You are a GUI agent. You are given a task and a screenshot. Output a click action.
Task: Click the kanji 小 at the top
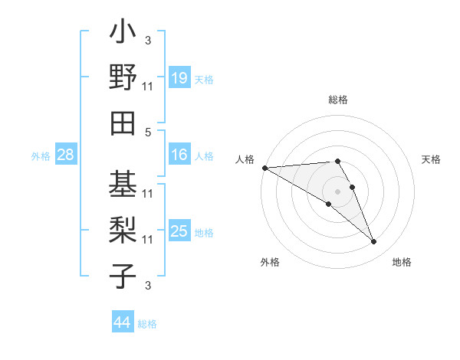tap(123, 35)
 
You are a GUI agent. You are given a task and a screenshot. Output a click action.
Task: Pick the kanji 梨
tap(123, 230)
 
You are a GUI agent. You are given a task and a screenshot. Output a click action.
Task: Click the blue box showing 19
tap(179, 78)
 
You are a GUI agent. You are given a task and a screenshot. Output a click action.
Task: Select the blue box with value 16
tap(179, 155)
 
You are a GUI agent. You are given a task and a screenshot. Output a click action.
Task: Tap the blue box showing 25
tap(179, 231)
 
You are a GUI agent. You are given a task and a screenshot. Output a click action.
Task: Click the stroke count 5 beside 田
tap(148, 132)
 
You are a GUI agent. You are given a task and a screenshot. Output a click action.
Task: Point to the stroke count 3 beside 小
tap(148, 40)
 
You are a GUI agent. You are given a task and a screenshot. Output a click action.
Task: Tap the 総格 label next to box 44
tap(147, 324)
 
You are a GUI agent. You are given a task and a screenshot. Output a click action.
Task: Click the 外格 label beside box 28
tap(41, 156)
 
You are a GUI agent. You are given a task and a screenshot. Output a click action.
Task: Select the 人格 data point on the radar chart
tap(264, 167)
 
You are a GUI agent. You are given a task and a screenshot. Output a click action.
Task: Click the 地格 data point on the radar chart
tap(373, 242)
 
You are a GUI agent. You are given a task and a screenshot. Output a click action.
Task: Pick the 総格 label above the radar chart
tap(338, 100)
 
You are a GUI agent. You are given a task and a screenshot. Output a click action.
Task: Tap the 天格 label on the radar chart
tap(431, 159)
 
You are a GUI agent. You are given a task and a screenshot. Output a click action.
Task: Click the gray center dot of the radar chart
tap(337, 190)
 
